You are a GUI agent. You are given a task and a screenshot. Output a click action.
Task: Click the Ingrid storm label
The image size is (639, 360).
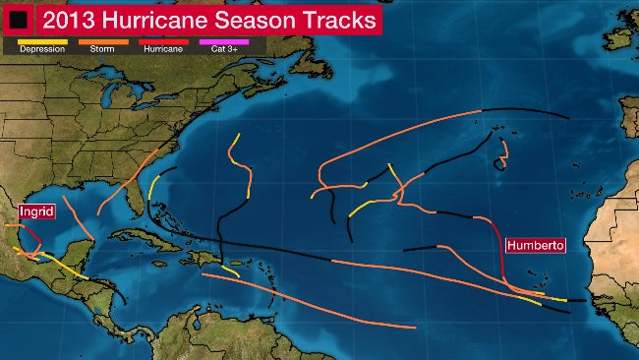pyautogui.click(x=35, y=211)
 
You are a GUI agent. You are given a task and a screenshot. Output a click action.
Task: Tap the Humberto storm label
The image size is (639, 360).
pyautogui.click(x=535, y=245)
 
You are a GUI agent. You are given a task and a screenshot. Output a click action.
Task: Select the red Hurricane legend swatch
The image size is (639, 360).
pyautogui.click(x=163, y=41)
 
